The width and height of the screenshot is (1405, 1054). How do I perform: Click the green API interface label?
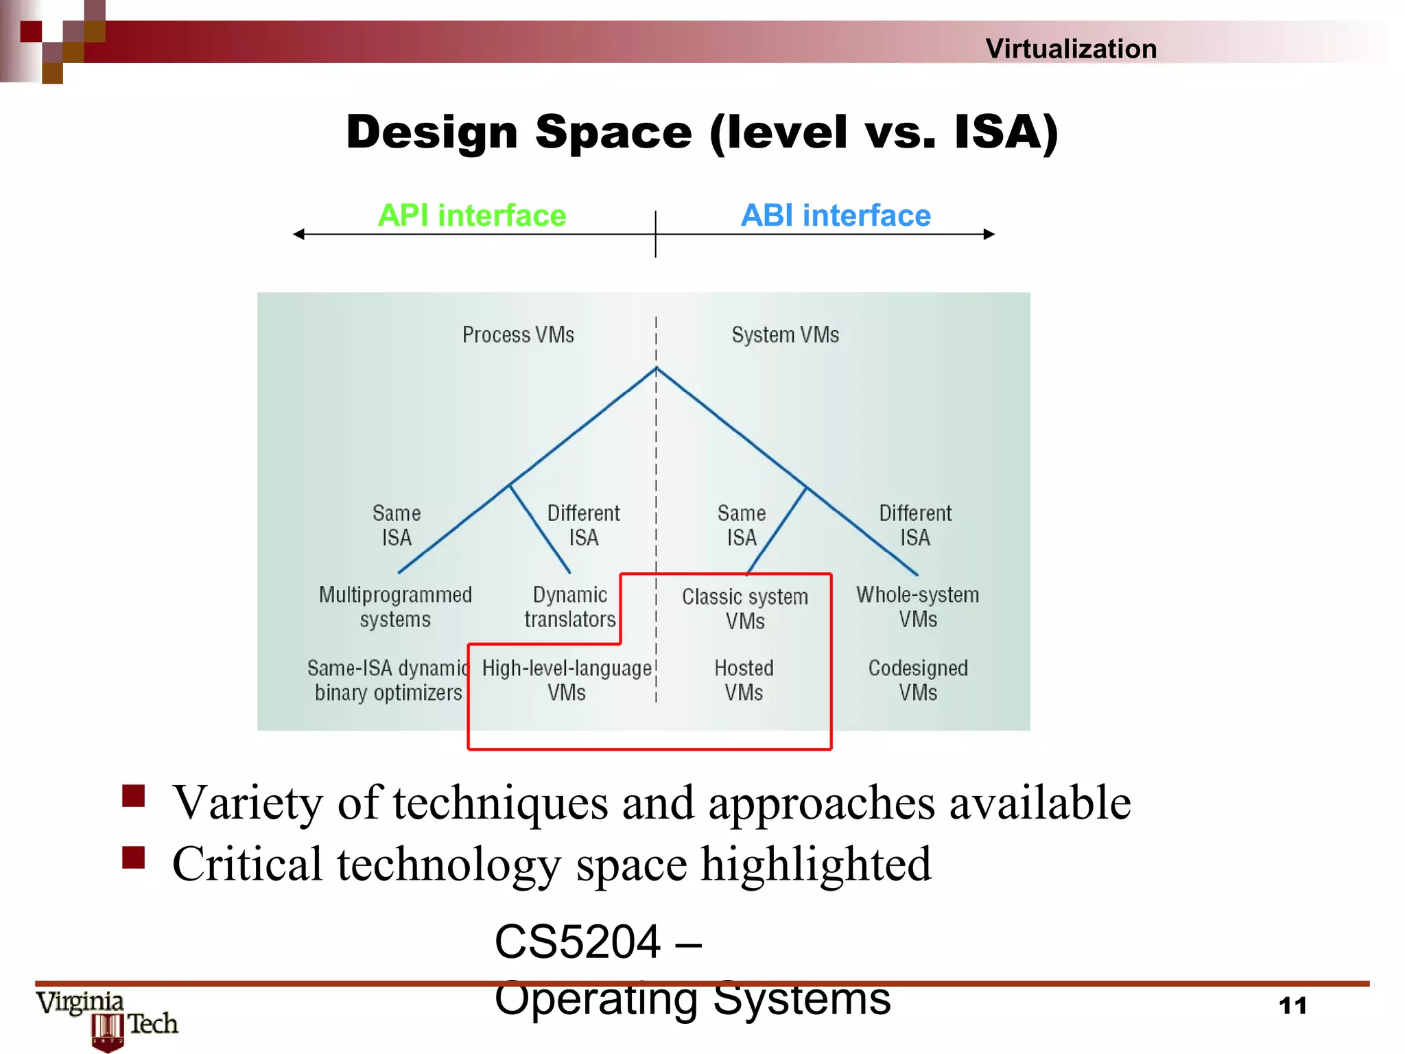(x=472, y=215)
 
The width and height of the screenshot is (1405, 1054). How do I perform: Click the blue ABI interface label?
(x=836, y=215)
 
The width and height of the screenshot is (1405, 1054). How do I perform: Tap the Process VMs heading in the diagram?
(x=518, y=335)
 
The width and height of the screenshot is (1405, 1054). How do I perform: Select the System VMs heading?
(x=785, y=335)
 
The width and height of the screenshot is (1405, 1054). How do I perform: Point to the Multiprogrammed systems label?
(x=395, y=607)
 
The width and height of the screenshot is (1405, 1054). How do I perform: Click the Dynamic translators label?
(x=570, y=607)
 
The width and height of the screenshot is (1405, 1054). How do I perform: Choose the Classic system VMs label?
(x=745, y=609)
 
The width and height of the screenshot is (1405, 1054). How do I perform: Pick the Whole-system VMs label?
(x=918, y=607)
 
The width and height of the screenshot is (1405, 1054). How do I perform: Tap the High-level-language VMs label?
(x=567, y=680)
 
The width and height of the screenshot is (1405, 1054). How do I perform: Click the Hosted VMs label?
(x=744, y=680)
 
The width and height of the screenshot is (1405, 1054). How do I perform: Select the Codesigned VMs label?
(x=918, y=680)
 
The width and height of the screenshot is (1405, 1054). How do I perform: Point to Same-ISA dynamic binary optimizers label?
(x=388, y=680)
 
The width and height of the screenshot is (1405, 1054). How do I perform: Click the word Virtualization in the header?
(x=1071, y=49)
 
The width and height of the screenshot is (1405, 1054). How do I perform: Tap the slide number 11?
(x=1292, y=1006)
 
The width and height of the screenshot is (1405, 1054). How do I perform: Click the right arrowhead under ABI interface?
(x=989, y=235)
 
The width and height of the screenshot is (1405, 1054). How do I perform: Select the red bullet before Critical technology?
(x=134, y=857)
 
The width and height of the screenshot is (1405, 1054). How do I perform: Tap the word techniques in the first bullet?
(x=499, y=803)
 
